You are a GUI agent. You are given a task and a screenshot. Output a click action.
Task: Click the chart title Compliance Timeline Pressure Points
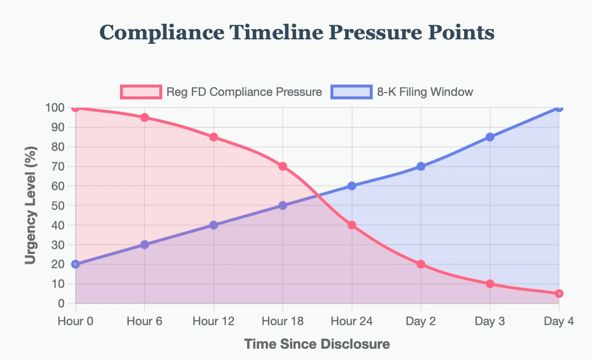(x=296, y=33)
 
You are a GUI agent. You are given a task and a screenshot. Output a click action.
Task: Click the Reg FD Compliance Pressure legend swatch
(x=141, y=91)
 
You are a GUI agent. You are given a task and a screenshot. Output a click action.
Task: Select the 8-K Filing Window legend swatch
(x=352, y=91)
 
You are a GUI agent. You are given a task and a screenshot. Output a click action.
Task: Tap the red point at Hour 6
(x=145, y=118)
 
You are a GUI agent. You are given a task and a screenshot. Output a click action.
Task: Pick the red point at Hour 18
(x=283, y=166)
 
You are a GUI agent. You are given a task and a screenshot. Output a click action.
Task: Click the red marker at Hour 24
(x=352, y=225)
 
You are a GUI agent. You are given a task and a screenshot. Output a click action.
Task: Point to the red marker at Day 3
(x=490, y=284)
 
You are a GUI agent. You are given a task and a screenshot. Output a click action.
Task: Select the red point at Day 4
(x=559, y=294)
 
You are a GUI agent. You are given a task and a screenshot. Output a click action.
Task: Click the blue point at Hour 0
(x=75, y=264)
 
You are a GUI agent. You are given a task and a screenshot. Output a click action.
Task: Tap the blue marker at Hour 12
(x=213, y=225)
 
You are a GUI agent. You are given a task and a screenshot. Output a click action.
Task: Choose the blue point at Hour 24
(x=352, y=186)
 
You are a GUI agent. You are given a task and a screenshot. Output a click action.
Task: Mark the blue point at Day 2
(x=421, y=166)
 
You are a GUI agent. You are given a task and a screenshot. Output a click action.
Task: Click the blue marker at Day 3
(x=490, y=137)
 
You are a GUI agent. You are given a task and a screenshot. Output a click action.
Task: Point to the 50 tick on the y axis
(x=58, y=206)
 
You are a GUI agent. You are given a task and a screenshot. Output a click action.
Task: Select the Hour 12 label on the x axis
(x=213, y=322)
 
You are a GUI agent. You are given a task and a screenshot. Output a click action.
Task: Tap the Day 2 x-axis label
(x=421, y=322)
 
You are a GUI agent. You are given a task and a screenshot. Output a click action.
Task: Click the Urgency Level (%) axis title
(x=31, y=206)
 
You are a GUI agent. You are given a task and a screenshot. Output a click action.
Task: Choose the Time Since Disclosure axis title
(x=317, y=344)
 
